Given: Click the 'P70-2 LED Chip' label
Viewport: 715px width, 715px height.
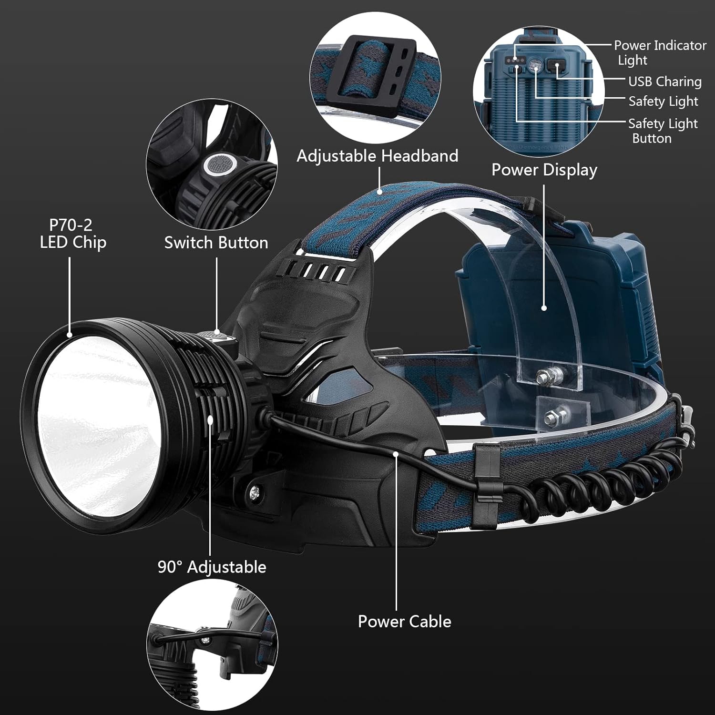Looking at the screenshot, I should click(73, 234).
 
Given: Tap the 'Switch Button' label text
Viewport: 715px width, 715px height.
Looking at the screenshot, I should click(216, 243).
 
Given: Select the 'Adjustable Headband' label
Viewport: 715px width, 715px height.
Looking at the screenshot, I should click(377, 156).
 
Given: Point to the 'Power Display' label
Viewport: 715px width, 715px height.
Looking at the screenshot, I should click(544, 170).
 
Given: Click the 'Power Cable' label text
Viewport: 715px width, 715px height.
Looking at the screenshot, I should click(404, 622).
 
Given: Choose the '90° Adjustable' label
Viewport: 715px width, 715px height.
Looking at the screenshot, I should click(212, 567).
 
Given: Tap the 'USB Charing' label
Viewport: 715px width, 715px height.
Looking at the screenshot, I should click(664, 82).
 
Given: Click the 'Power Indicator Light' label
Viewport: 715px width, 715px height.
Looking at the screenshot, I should click(660, 52).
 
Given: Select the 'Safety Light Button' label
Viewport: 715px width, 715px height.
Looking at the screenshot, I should click(662, 131).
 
